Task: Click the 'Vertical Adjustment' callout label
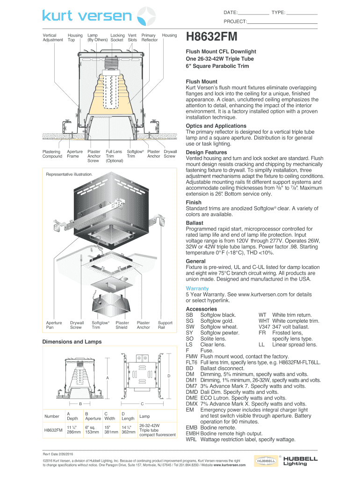point(53,37)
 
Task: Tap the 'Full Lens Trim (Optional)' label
point(114,156)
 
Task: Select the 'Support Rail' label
point(165,325)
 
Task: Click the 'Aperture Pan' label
point(54,325)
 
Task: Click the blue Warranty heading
point(197,289)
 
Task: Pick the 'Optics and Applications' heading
point(216,126)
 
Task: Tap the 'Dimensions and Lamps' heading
point(72,342)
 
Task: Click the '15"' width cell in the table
point(108,427)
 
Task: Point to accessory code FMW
point(192,356)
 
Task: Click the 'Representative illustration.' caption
point(69,174)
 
